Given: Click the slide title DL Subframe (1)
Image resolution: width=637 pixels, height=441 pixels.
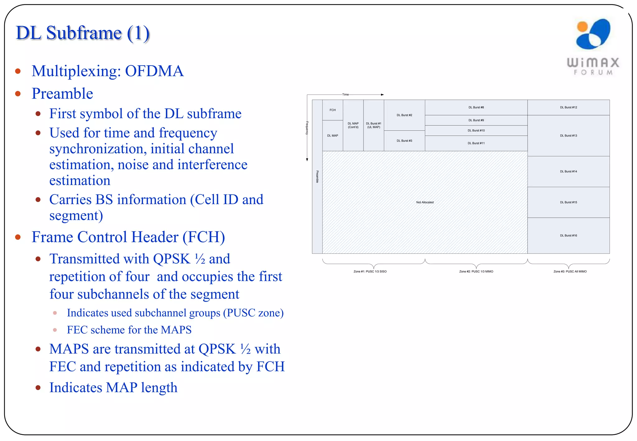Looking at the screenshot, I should [83, 33].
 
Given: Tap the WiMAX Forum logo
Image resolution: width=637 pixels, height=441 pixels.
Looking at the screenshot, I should [593, 47].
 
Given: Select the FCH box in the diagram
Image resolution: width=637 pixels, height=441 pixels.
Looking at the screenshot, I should [332, 110].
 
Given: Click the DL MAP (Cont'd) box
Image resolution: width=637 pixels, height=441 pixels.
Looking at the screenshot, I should [353, 125].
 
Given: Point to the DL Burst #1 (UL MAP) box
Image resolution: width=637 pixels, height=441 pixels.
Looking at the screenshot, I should [374, 125].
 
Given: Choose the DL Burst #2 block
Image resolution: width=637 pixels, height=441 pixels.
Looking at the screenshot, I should [404, 115].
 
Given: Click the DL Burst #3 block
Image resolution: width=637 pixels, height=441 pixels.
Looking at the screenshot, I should [404, 141].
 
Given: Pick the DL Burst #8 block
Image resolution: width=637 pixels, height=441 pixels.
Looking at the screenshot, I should [476, 107].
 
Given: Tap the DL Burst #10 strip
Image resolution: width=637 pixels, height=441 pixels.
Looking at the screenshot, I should [476, 130].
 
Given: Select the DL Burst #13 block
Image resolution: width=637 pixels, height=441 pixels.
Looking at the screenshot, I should [568, 136].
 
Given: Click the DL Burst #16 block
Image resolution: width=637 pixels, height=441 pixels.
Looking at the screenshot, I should [568, 235].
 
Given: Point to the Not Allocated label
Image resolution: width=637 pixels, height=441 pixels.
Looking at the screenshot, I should [425, 202].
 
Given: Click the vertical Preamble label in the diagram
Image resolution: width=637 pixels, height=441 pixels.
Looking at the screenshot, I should [317, 177].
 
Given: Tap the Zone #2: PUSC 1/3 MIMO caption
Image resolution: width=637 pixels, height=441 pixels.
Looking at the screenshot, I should [476, 272].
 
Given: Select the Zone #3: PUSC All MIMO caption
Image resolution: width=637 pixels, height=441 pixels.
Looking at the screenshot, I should [570, 272].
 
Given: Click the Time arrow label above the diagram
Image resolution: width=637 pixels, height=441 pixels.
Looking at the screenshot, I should [346, 95].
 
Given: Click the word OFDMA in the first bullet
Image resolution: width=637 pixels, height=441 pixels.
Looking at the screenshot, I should [154, 71].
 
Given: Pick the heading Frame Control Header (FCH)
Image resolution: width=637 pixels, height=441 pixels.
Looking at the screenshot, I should [128, 237].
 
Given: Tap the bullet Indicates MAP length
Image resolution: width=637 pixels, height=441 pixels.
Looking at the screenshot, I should [113, 388].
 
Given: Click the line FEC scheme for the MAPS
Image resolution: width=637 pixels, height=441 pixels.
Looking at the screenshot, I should [129, 330].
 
